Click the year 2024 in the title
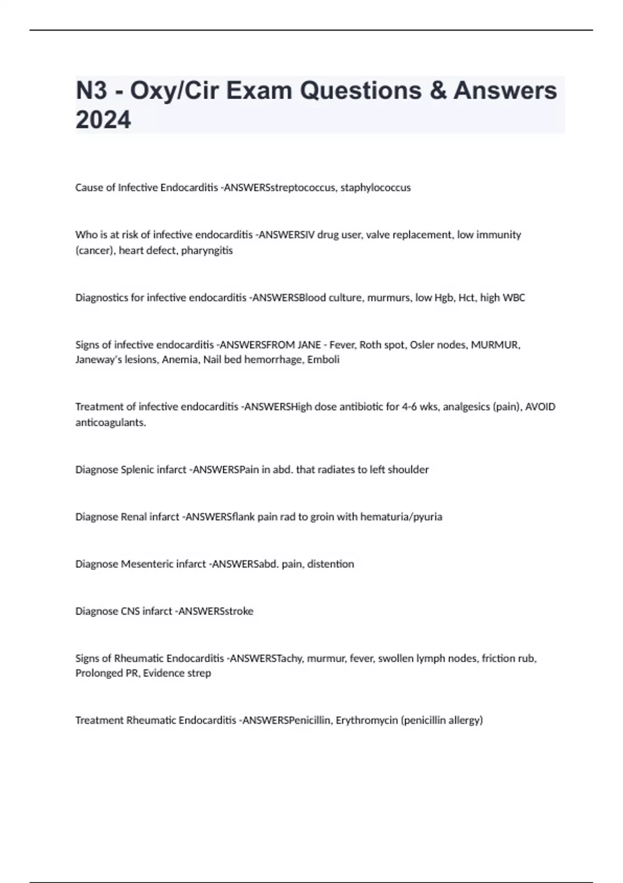tap(103, 120)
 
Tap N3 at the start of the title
tap(91, 91)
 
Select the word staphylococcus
tap(375, 188)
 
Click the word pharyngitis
tap(207, 250)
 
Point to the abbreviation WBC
tap(514, 298)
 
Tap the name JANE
tap(309, 345)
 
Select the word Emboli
tap(323, 359)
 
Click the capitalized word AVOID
tap(540, 407)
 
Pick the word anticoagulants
tap(111, 422)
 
